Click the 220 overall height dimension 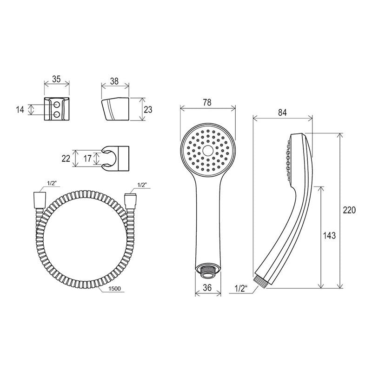pyautogui.click(x=350, y=211)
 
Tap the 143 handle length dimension pyautogui.click(x=329, y=235)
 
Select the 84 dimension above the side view pyautogui.click(x=282, y=113)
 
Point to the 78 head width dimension pyautogui.click(x=207, y=102)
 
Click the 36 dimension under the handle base pyautogui.click(x=207, y=287)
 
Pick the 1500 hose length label pyautogui.click(x=114, y=289)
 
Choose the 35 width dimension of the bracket pyautogui.click(x=56, y=79)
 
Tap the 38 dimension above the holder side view pyautogui.click(x=114, y=81)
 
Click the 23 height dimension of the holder pyautogui.click(x=148, y=110)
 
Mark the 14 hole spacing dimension pyautogui.click(x=20, y=110)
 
